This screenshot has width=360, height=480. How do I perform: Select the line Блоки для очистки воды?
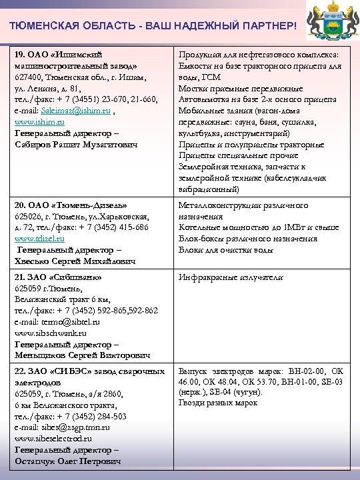coord(226,250)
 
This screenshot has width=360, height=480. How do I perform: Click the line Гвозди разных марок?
coord(217,403)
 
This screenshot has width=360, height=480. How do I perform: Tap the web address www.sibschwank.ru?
coord(50,333)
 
